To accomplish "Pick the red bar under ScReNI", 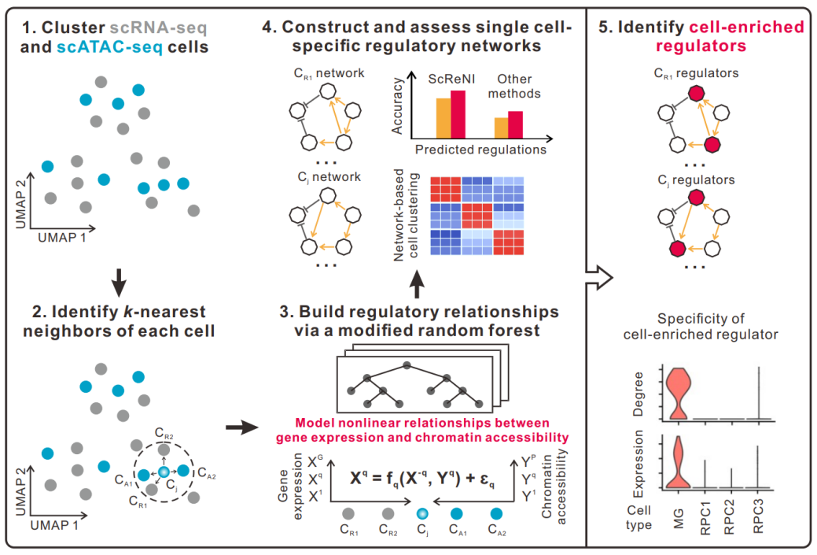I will pos(457,114).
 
